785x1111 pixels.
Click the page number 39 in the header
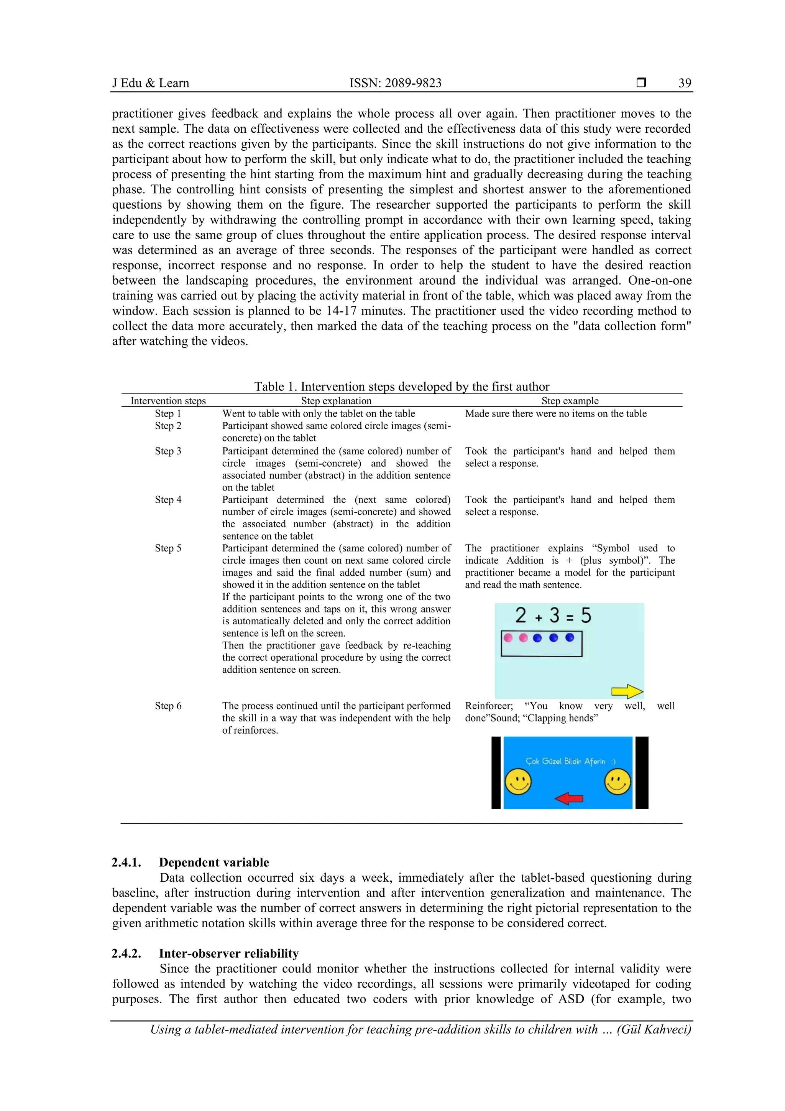pos(685,83)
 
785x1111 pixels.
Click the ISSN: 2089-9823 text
pos(395,83)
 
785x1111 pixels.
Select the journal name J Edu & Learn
pos(150,83)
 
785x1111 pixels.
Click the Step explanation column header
pos(336,401)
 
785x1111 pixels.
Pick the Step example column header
pos(570,401)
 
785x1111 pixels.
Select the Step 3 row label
pos(168,451)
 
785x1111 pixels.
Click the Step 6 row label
pos(168,706)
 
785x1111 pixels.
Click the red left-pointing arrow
pos(569,798)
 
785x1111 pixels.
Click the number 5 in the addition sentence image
pos(586,616)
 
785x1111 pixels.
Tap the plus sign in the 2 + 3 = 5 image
pos(538,618)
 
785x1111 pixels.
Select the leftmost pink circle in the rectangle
pos(508,638)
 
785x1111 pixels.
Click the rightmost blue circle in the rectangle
pos(569,638)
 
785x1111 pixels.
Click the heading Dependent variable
pos(214,862)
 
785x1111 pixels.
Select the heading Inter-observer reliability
pos(228,953)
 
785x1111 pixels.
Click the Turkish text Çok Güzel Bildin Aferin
pos(565,761)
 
